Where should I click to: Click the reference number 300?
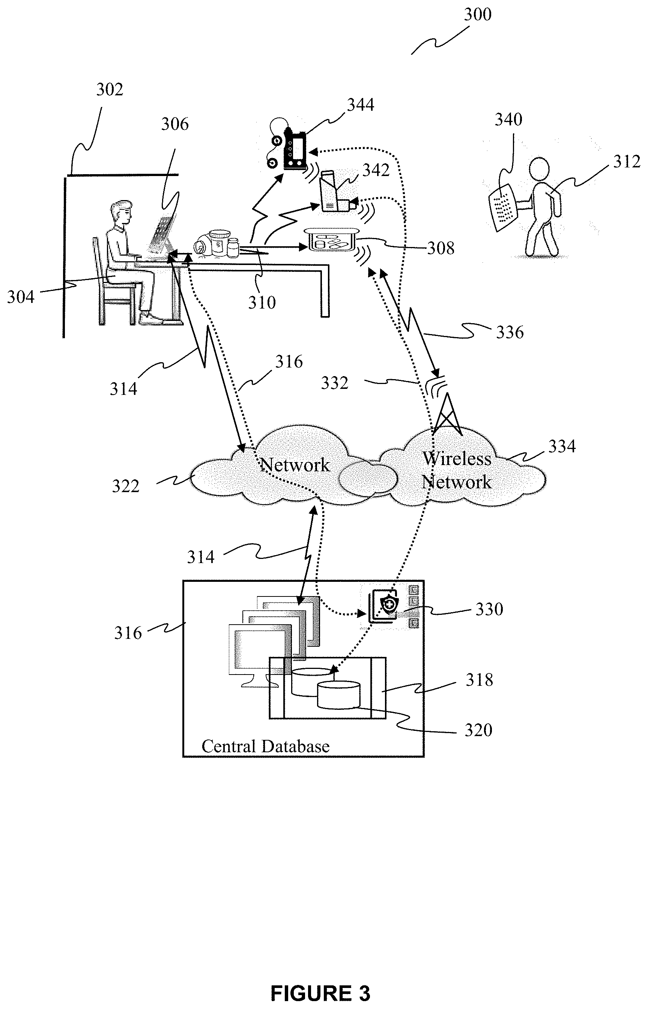click(x=477, y=15)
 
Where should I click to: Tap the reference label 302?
click(x=110, y=90)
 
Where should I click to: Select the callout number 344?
click(x=361, y=105)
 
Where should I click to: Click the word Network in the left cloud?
click(x=295, y=465)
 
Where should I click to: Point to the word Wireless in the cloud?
click(x=457, y=459)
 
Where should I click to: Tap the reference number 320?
click(x=478, y=730)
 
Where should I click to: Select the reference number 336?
click(x=510, y=333)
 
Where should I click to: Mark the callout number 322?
click(x=125, y=486)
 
